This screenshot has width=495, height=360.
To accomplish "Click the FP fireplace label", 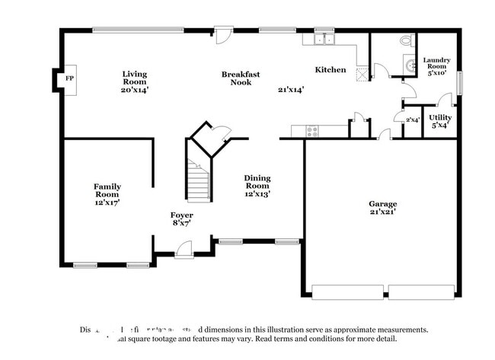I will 69,78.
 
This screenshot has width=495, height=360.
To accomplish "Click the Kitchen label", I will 331,70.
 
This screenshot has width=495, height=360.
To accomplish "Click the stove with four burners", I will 312,130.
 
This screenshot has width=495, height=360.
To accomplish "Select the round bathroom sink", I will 411,65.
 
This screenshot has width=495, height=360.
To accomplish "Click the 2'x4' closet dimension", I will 412,120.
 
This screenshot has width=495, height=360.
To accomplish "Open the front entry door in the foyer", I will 184,247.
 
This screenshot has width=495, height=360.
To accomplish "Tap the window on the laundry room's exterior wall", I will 459,81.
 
